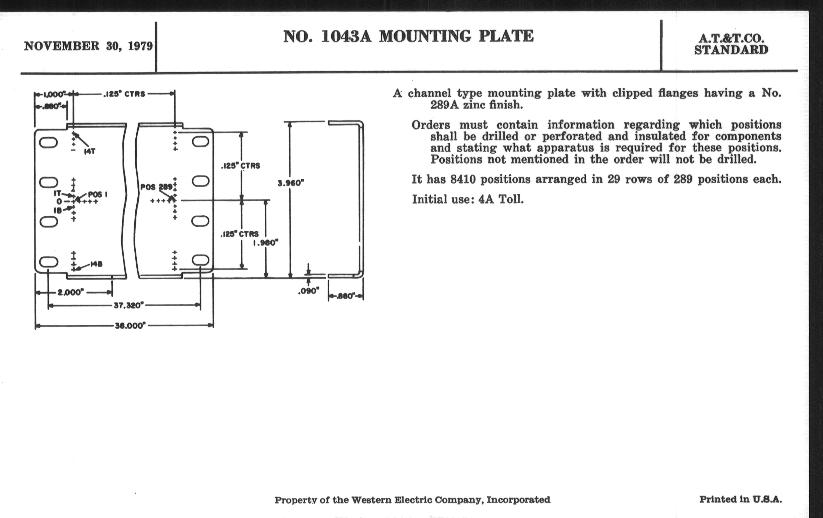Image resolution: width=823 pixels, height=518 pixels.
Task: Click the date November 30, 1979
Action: pos(88,46)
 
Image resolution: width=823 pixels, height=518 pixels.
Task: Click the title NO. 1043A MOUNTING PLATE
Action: pos(408,37)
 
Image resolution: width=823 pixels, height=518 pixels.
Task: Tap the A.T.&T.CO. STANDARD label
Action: pos(731,44)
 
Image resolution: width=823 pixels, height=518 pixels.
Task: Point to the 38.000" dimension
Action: pos(130,325)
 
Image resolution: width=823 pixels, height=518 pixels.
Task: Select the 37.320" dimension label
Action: pos(129,305)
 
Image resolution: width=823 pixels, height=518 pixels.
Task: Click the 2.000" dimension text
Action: pos(71,292)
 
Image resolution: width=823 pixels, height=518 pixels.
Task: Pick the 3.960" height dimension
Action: pos(290,183)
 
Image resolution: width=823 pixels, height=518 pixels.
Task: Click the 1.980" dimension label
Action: pos(266,243)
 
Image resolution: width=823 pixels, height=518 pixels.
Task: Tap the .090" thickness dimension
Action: pos(308,291)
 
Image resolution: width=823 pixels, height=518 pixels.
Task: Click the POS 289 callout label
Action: pos(157,187)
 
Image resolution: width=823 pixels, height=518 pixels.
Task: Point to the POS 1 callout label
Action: pos(97,194)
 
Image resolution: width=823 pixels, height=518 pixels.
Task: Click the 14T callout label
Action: pos(90,151)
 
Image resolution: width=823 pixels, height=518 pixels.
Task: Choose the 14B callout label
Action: pos(96,264)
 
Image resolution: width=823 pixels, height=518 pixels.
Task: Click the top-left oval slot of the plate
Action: pos(48,142)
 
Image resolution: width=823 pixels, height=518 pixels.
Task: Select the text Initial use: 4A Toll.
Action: pos(467,199)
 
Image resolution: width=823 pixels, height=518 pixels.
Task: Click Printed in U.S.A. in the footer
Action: pos(740,499)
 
